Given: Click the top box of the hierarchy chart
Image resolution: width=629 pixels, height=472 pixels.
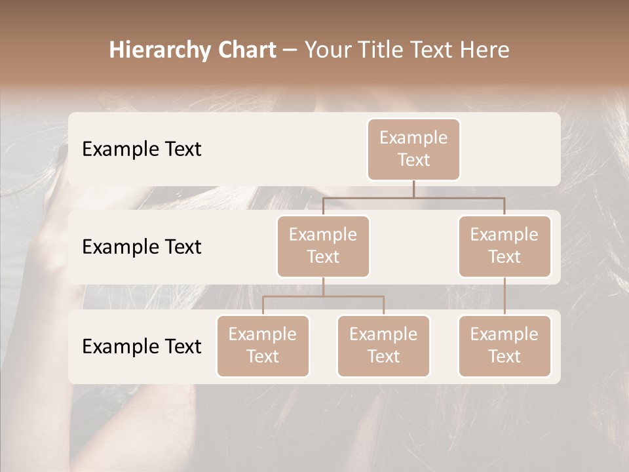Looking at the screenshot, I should pyautogui.click(x=413, y=149).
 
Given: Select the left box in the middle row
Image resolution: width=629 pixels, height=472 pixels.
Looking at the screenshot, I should pyautogui.click(x=323, y=246).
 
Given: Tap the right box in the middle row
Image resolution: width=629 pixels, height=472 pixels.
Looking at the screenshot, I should pyautogui.click(x=505, y=246).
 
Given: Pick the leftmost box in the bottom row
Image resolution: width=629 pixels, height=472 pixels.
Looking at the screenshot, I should pyautogui.click(x=263, y=345).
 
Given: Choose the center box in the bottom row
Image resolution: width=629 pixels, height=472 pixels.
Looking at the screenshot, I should pyautogui.click(x=383, y=345).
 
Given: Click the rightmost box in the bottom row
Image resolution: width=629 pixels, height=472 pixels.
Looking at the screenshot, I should pyautogui.click(x=505, y=345).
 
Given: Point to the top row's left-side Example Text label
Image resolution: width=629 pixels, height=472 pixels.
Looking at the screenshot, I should pyautogui.click(x=142, y=149).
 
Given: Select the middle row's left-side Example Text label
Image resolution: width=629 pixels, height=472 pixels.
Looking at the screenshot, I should pyautogui.click(x=142, y=246).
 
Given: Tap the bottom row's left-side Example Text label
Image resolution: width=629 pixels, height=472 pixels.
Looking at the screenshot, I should pyautogui.click(x=142, y=346).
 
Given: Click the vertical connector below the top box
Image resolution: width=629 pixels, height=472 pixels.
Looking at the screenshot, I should pyautogui.click(x=413, y=189).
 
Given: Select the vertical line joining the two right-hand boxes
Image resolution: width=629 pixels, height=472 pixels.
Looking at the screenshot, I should pyautogui.click(x=505, y=296).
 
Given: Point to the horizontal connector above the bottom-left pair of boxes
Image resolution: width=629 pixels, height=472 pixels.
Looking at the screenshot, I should pyautogui.click(x=323, y=296).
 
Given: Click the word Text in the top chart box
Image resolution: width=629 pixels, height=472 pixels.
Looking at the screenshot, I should pyautogui.click(x=413, y=160).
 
